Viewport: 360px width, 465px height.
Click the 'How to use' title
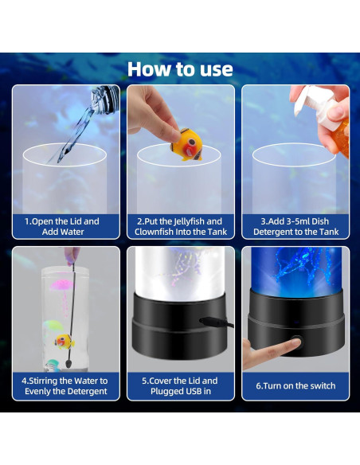click(180, 69)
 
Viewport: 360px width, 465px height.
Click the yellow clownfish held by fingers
click(188, 145)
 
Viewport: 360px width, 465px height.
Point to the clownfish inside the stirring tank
click(64, 342)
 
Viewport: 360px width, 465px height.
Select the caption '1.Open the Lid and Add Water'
click(62, 227)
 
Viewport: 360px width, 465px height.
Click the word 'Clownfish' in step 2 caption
click(154, 232)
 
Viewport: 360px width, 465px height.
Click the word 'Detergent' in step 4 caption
click(88, 392)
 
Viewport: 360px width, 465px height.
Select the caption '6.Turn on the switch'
click(295, 386)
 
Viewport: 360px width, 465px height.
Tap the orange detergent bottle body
click(341, 137)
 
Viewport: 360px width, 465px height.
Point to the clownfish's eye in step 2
click(192, 142)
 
